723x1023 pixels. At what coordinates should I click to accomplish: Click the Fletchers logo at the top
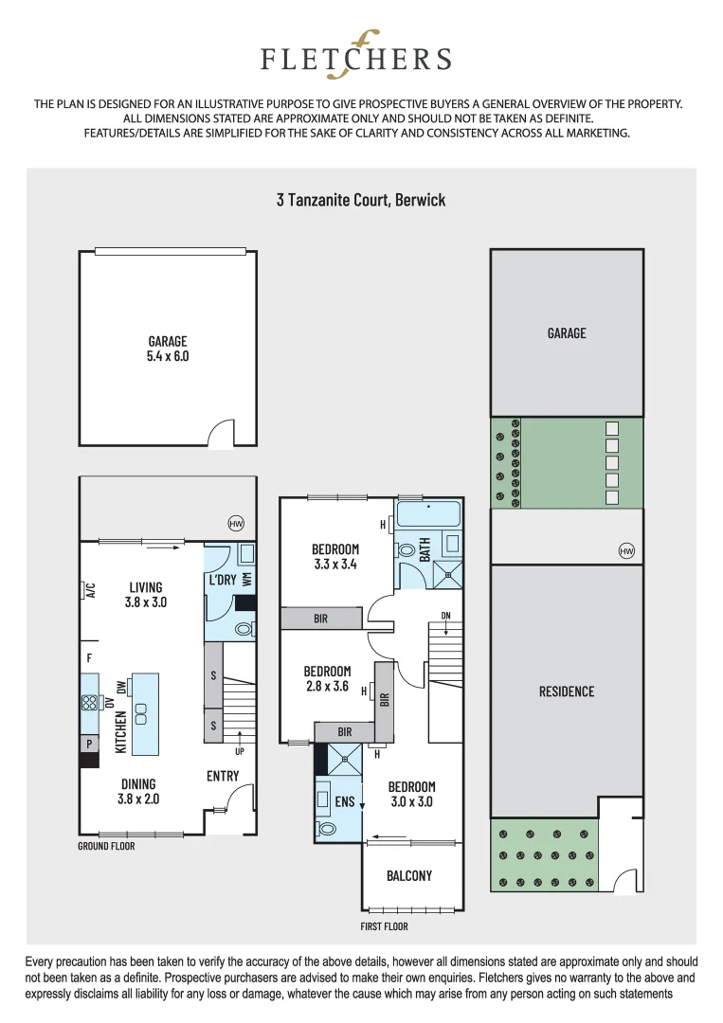click(356, 55)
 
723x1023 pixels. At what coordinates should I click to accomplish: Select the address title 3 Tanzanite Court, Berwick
click(361, 200)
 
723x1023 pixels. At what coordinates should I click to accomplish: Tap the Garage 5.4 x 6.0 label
click(168, 350)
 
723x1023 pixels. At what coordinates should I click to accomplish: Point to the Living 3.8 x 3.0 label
click(146, 594)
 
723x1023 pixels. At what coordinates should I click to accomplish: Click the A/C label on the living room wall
click(91, 590)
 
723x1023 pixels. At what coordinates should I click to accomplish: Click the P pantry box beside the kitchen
click(89, 745)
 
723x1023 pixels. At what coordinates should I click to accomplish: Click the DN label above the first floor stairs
click(445, 616)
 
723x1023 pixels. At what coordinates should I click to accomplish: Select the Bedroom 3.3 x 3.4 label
click(335, 556)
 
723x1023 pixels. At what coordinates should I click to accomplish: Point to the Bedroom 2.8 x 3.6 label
click(327, 679)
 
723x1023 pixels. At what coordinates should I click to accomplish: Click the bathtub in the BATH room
click(427, 515)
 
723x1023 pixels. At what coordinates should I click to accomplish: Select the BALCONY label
click(409, 876)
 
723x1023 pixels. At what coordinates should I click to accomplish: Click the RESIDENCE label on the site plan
click(567, 691)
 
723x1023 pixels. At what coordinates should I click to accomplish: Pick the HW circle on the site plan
click(625, 550)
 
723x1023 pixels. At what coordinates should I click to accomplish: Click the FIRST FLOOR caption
click(384, 926)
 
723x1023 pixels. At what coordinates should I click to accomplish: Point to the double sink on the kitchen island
click(141, 713)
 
